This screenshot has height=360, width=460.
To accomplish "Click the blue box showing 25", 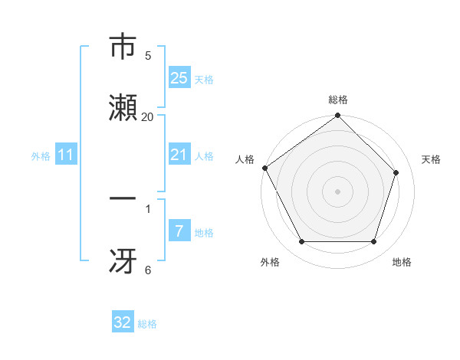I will [179, 77].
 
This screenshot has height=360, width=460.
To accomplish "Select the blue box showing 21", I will [179, 155].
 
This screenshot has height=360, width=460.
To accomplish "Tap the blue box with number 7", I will [179, 231].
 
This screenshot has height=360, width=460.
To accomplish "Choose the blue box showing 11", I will [66, 155].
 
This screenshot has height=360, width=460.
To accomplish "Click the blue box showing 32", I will [123, 322].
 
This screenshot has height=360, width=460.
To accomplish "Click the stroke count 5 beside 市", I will [147, 55].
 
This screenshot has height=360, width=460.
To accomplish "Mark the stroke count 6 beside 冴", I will [147, 270].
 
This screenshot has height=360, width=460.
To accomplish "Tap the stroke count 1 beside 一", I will [147, 208].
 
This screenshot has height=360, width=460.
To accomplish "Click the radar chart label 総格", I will [338, 100].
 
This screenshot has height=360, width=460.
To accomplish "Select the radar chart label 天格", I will [431, 159].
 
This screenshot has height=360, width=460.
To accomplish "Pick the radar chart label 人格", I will [245, 159].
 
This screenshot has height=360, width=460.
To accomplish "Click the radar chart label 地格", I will [402, 262].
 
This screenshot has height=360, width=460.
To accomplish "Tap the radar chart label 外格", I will [270, 262].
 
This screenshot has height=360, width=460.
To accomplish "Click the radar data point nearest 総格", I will [337, 116].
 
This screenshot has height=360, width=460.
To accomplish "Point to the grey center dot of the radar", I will [337, 191].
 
